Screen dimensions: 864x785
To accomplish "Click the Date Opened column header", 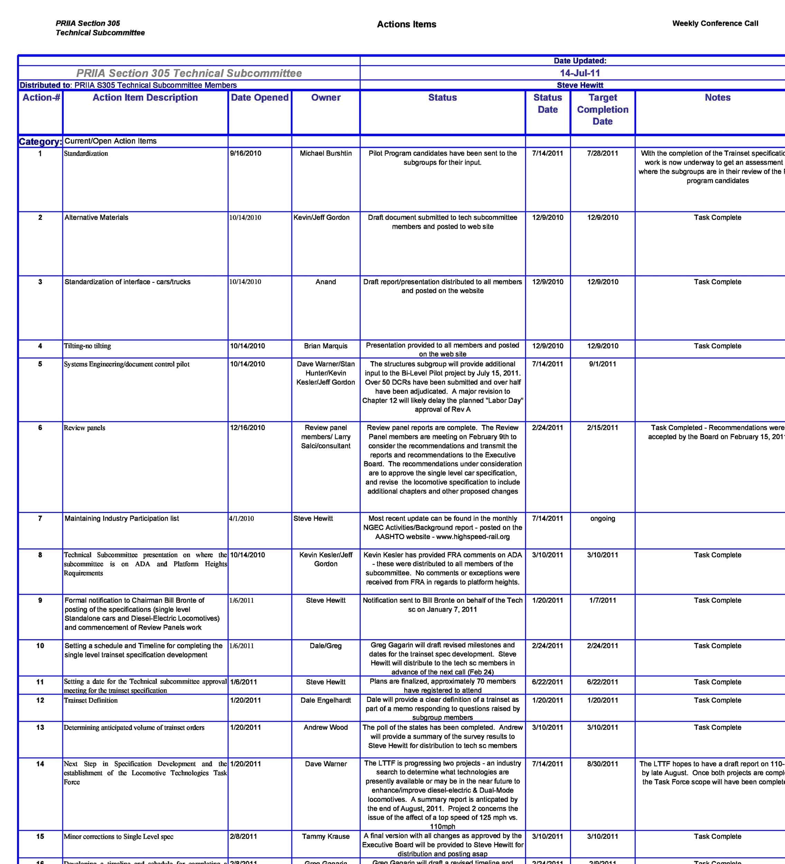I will pos(259,98).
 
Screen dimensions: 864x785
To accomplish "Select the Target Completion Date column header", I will pos(602,109).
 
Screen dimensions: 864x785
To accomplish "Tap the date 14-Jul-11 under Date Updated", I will pos(580,73).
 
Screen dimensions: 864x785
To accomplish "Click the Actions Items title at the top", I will pos(406,25).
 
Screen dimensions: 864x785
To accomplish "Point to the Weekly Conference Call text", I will pos(715,24).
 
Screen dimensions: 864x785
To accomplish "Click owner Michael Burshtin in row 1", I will pos(325,153).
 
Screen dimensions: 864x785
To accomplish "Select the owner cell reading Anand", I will pos(325,282).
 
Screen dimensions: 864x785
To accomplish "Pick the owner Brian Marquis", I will pos(325,346).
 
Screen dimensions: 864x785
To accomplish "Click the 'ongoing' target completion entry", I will pos(602,518).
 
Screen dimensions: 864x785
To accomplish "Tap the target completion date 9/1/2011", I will pos(602,364).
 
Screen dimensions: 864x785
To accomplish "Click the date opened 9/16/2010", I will pos(245,153).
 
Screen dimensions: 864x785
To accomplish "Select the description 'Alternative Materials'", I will pos(96,217).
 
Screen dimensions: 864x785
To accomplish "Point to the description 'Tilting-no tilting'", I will pos(87,346).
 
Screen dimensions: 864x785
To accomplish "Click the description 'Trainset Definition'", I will pos(91,700).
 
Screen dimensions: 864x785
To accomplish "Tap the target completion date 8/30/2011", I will pos(602,764).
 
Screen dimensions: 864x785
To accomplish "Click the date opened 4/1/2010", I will pos(241,518).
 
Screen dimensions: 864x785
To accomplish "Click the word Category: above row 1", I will pos(40,141).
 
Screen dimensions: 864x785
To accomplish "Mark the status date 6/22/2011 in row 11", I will pos(547,682).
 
